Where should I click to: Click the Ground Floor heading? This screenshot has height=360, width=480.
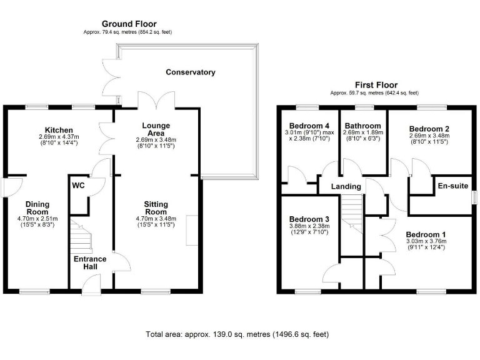(129, 24)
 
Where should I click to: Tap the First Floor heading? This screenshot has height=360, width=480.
(376, 85)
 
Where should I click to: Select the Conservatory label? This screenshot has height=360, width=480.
(191, 72)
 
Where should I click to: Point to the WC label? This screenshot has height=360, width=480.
(78, 186)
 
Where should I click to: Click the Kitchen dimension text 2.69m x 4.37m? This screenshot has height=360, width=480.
(59, 137)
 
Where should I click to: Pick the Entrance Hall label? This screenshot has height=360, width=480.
(90, 262)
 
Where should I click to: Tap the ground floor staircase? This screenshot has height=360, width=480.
(81, 236)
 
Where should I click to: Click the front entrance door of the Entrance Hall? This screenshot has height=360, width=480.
(91, 285)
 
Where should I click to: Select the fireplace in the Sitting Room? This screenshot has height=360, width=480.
(192, 230)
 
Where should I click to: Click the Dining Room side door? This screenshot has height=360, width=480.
(12, 187)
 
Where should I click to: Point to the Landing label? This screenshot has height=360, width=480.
(346, 186)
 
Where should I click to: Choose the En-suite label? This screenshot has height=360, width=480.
(452, 186)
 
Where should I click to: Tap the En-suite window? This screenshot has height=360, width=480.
(474, 197)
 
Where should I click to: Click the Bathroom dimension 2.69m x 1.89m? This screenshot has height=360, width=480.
(362, 132)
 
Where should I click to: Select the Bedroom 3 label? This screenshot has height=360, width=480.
(309, 219)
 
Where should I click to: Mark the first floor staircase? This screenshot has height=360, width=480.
(352, 214)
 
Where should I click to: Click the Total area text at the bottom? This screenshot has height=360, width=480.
(237, 334)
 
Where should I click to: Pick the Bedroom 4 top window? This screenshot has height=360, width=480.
(307, 107)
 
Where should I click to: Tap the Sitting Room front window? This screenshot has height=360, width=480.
(156, 292)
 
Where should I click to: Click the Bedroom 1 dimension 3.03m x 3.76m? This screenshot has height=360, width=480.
(426, 241)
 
